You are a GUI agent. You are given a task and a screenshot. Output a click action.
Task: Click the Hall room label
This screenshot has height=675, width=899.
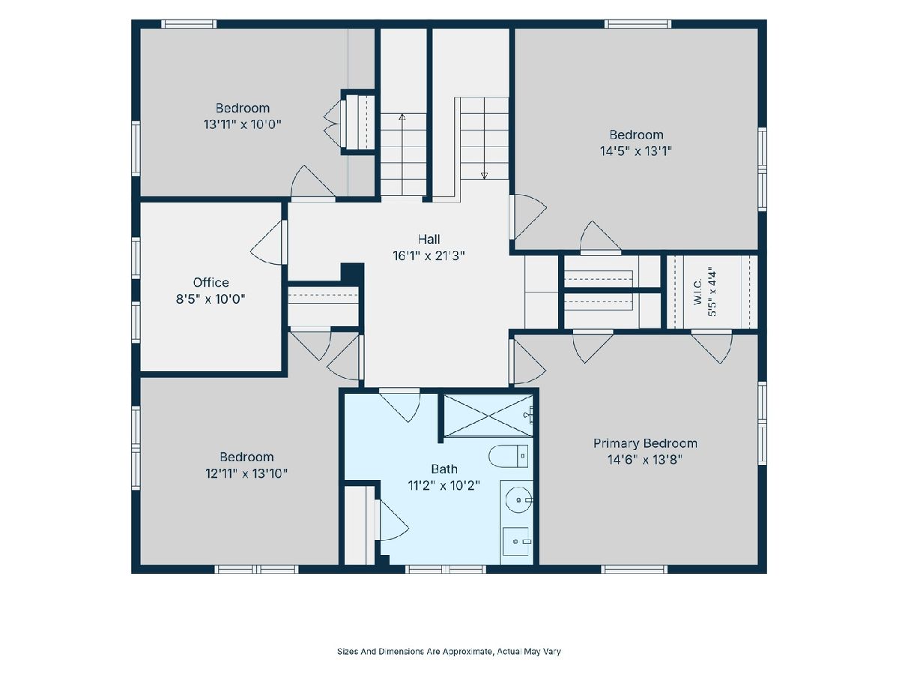429,239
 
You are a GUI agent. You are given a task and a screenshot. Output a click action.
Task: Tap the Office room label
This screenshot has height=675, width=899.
211,283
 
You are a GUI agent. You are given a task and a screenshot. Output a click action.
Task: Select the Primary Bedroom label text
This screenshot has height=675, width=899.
645,443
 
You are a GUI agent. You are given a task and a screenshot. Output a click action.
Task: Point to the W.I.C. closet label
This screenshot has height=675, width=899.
698,292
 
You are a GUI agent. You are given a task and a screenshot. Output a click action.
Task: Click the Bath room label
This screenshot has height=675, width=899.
444,469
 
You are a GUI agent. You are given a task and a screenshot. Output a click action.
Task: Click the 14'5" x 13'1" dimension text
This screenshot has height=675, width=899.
636,151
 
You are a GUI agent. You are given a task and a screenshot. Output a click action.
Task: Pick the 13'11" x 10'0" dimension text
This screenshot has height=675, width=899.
243,124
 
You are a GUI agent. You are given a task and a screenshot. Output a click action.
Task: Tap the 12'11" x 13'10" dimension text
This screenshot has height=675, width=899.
246,474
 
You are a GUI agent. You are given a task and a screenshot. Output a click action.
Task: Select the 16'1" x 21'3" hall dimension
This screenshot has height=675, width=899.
429,256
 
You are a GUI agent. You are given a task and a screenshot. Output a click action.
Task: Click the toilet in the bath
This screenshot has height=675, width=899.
508,456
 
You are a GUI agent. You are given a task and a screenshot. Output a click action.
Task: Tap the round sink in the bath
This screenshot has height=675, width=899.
519,500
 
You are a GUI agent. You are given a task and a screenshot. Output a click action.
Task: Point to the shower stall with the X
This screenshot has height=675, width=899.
488,415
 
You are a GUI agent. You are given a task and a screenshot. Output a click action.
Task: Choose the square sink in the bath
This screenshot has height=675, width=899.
516,541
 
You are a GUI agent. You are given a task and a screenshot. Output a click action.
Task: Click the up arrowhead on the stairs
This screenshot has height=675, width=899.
402,117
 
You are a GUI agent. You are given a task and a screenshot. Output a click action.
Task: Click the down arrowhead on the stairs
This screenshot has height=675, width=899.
484,176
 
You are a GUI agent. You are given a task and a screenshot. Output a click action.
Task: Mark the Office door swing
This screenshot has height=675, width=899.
267,242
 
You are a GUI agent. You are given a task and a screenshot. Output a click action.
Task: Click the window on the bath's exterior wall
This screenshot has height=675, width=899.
446,568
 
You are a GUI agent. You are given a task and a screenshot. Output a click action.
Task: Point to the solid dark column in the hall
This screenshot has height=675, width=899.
352,272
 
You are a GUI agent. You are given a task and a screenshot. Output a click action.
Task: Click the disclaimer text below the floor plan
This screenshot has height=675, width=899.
449,651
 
